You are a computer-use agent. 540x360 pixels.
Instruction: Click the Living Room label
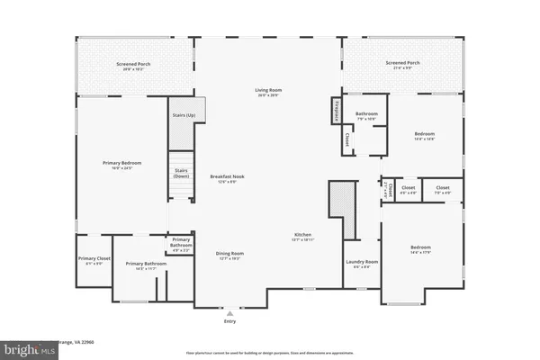pos(267,91)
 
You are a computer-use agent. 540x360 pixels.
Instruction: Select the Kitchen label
pos(301,236)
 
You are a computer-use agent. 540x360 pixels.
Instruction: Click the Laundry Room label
pos(362,262)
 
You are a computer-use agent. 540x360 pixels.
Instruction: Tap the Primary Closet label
pos(93,258)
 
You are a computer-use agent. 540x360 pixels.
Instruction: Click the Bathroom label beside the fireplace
pos(366,112)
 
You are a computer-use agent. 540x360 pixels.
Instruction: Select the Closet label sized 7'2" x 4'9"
pos(442,189)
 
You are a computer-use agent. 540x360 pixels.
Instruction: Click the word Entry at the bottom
pos(228,321)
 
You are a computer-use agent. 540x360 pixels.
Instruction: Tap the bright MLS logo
pos(17,347)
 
